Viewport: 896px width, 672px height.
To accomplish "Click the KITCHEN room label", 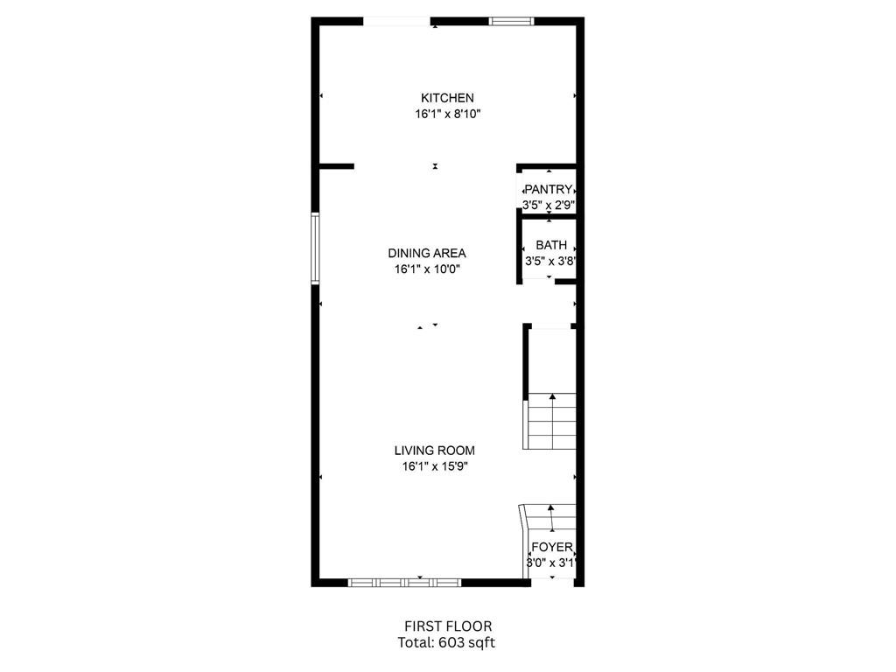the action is click(x=447, y=98).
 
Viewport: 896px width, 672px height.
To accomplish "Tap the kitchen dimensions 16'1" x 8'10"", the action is click(x=447, y=115).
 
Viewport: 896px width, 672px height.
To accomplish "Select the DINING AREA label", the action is click(x=427, y=253).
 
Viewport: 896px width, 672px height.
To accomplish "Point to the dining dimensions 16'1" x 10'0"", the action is click(x=427, y=269).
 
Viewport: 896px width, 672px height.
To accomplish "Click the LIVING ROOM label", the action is click(x=434, y=451).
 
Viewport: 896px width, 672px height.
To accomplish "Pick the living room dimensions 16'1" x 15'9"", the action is click(x=435, y=466).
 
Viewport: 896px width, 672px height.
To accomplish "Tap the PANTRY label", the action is click(x=549, y=189).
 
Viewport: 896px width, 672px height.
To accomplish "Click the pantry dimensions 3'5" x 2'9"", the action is click(x=549, y=205).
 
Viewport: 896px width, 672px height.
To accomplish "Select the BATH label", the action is click(x=551, y=245).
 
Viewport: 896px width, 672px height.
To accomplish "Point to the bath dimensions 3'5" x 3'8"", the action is click(x=550, y=262).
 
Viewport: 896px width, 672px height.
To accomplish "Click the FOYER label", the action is click(x=552, y=547).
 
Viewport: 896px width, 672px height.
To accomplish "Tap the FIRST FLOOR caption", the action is click(x=448, y=626).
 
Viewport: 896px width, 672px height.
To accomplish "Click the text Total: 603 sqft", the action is click(x=446, y=643).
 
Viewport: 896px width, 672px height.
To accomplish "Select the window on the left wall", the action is click(x=315, y=248).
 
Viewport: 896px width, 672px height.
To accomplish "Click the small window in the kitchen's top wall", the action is click(x=511, y=22).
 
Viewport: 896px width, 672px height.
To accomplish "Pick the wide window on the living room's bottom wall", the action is click(x=404, y=583).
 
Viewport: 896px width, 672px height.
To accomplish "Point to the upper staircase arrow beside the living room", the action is click(x=552, y=421).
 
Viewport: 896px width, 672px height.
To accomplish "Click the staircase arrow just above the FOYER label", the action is click(x=551, y=518).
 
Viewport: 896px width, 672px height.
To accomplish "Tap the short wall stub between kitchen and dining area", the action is click(x=337, y=166).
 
